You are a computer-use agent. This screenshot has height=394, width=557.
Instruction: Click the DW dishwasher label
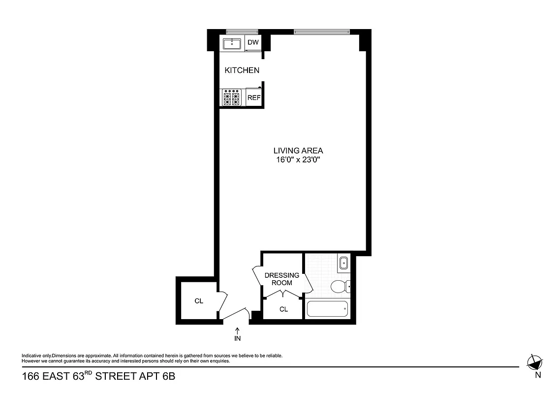(253, 43)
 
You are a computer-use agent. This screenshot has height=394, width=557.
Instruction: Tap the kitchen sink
(232, 44)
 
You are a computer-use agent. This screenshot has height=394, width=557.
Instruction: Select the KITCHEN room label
(242, 70)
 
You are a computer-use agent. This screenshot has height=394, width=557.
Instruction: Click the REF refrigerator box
(254, 98)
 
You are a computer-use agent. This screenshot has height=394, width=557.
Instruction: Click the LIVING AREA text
(298, 151)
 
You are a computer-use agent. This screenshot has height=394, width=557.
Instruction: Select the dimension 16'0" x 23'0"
(298, 160)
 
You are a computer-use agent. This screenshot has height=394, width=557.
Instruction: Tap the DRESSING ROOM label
(281, 279)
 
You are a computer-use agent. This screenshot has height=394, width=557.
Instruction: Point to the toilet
(339, 286)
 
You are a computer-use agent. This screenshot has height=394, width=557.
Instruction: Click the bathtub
(327, 309)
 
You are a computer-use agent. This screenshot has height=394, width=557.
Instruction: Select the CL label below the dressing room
(283, 309)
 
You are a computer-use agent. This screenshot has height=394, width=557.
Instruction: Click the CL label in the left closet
(199, 301)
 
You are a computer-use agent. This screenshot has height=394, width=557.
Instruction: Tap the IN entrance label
(238, 339)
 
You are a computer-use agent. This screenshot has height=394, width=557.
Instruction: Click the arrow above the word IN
(238, 330)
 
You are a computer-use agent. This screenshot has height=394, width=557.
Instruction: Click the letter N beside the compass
(538, 376)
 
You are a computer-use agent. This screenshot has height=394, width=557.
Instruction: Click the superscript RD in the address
(88, 374)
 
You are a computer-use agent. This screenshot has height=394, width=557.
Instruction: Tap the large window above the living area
(321, 33)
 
